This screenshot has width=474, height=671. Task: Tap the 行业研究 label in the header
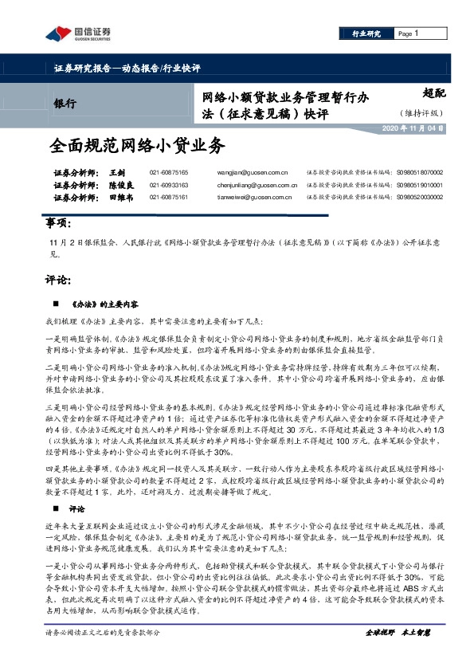tap(366, 34)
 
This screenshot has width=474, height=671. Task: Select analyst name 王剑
tap(117, 172)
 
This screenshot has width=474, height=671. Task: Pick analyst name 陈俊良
tap(120, 185)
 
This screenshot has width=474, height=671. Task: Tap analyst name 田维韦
tap(120, 198)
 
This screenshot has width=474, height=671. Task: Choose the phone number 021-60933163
tap(169, 185)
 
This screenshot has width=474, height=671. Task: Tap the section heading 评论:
tap(58, 281)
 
